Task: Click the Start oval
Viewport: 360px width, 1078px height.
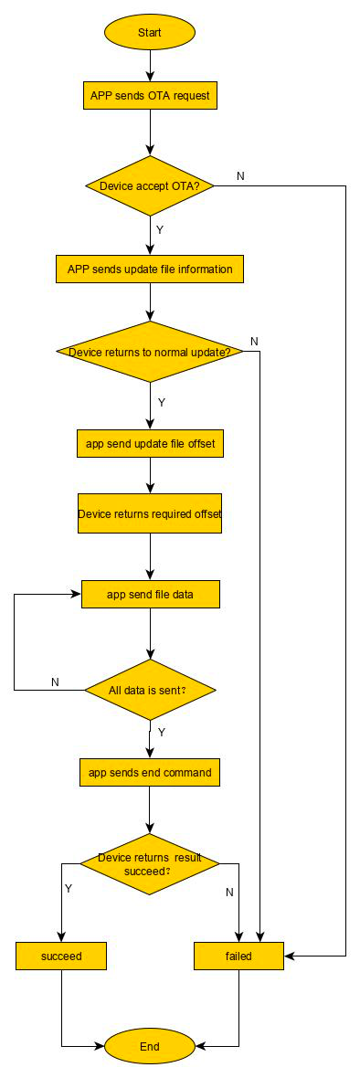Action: [x=150, y=32]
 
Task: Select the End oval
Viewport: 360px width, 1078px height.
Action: [x=150, y=1046]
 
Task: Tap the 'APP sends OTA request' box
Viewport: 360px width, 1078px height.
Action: [x=150, y=96]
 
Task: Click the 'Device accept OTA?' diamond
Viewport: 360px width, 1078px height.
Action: [x=150, y=185]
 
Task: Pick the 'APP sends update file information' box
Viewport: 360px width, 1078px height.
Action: [x=150, y=269]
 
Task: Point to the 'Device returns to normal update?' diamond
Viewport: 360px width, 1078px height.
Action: [x=150, y=352]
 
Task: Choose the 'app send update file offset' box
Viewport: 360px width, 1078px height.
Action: [x=150, y=443]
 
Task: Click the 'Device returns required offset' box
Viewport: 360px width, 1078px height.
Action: [x=150, y=513]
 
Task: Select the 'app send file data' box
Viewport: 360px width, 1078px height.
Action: [x=150, y=594]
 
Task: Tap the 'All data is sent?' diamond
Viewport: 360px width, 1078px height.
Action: [x=150, y=690]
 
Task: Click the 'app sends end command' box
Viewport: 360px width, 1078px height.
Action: [x=150, y=772]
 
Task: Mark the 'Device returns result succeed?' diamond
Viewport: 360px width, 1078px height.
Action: [x=150, y=864]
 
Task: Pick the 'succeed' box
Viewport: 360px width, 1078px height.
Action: [x=61, y=956]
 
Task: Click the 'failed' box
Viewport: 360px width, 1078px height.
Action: [x=238, y=956]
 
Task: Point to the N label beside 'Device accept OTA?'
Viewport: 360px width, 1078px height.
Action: [x=240, y=175]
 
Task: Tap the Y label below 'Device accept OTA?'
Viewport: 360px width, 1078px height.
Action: [x=160, y=229]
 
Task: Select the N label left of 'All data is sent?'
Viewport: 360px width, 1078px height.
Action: [x=56, y=682]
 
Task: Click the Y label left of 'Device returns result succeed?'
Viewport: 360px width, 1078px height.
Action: [x=68, y=888]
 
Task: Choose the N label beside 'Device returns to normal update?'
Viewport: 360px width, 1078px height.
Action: [x=254, y=341]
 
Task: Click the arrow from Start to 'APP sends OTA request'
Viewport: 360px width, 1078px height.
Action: [x=150, y=66]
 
